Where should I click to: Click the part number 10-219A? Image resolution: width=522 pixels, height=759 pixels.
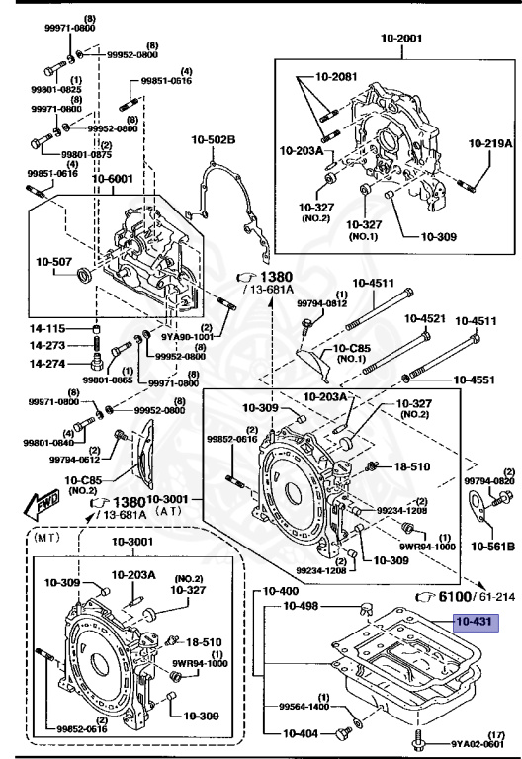(490, 142)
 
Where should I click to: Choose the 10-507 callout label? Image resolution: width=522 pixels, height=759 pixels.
(53, 262)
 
